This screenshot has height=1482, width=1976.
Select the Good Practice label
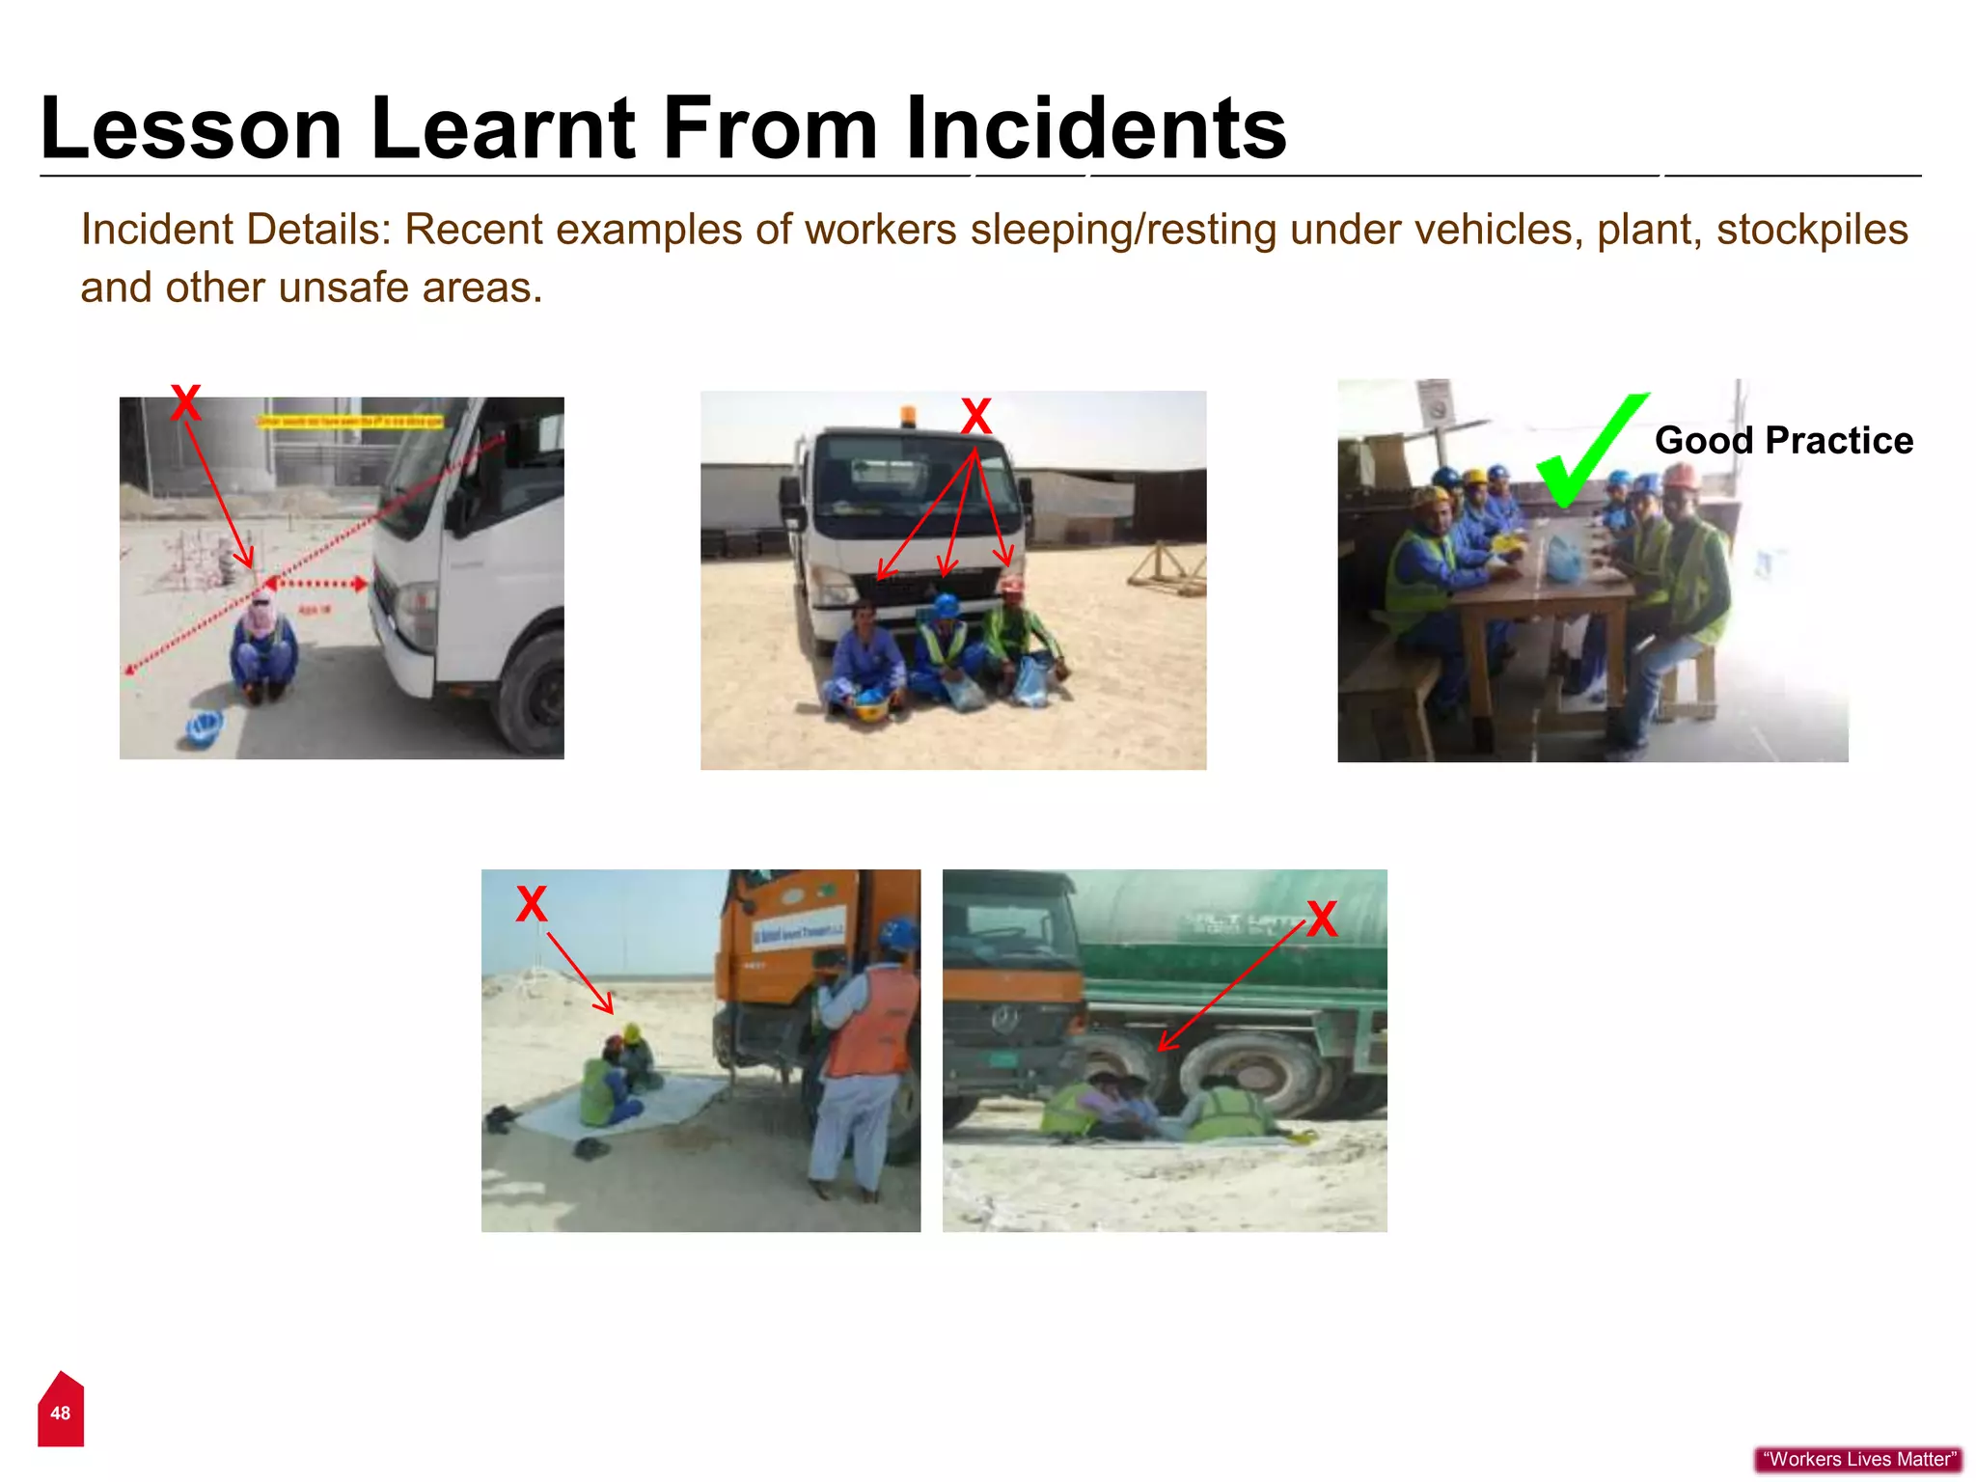[x=1783, y=441]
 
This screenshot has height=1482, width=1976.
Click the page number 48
[x=60, y=1413]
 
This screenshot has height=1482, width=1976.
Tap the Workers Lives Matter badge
[x=1858, y=1459]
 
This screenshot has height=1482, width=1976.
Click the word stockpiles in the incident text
[x=1812, y=230]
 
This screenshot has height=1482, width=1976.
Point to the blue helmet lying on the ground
[x=204, y=727]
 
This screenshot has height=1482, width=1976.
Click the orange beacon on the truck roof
[x=907, y=415]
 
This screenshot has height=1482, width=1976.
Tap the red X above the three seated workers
[x=975, y=417]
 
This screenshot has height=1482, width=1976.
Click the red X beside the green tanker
[x=1322, y=919]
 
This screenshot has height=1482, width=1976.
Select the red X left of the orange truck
[x=531, y=904]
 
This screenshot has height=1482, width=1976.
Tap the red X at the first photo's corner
[x=185, y=402]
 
